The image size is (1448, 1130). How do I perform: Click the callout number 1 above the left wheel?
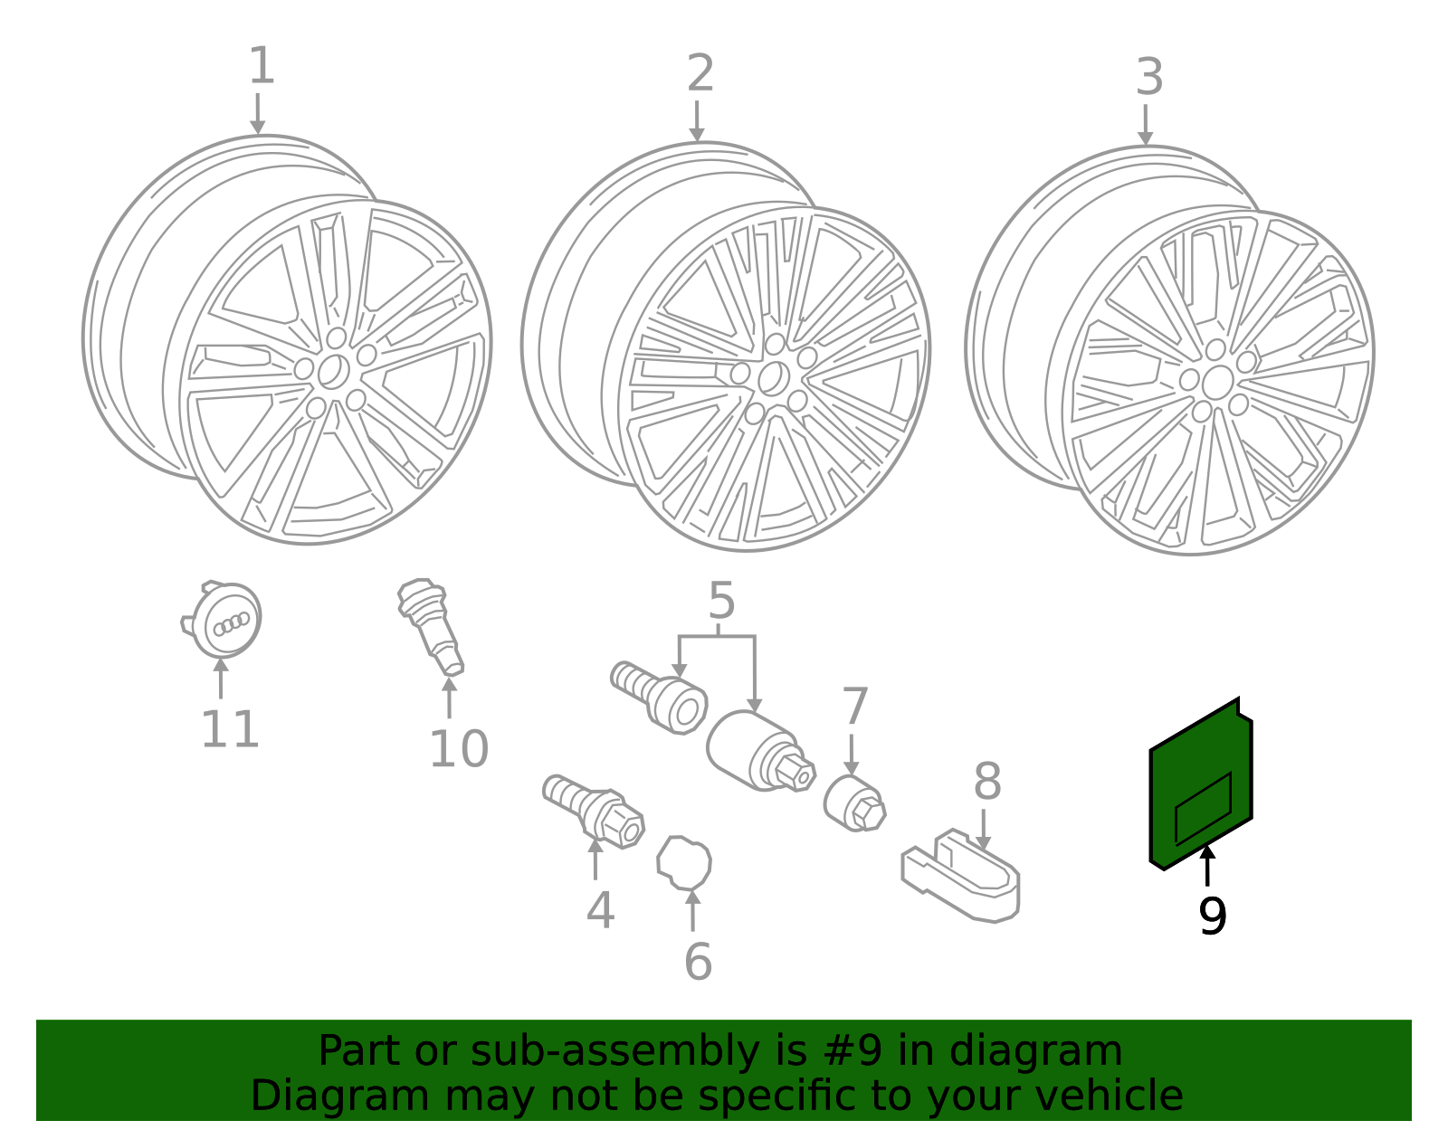point(261,68)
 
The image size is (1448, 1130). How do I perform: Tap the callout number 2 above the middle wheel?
point(700,74)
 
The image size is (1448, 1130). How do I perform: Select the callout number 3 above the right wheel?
point(1148,78)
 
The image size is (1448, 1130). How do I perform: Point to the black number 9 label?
point(1212,916)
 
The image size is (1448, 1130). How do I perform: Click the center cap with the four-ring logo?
point(225,621)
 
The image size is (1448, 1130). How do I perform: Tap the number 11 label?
point(230,730)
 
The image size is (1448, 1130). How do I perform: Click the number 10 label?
point(458,749)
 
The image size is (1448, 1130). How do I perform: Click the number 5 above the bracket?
point(721,602)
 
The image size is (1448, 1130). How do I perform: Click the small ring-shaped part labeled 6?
point(684,862)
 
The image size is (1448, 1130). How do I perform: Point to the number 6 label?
point(698,962)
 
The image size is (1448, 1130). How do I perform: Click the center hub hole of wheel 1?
point(333,371)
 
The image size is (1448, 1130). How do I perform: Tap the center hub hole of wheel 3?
point(1217,382)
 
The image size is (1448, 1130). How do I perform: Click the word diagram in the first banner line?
point(1068,1051)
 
